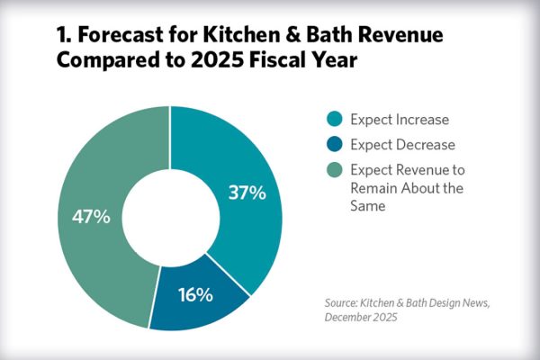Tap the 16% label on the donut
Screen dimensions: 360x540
click(194, 294)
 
